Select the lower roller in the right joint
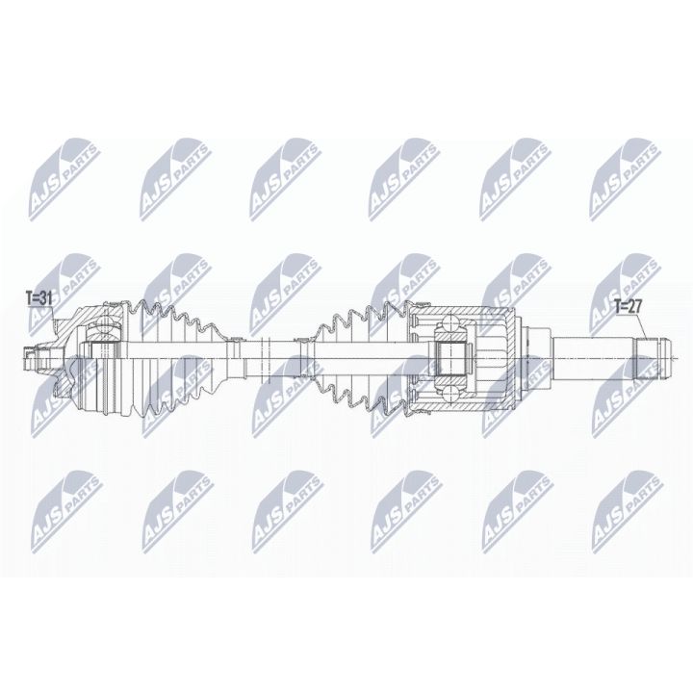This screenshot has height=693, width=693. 449,384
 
